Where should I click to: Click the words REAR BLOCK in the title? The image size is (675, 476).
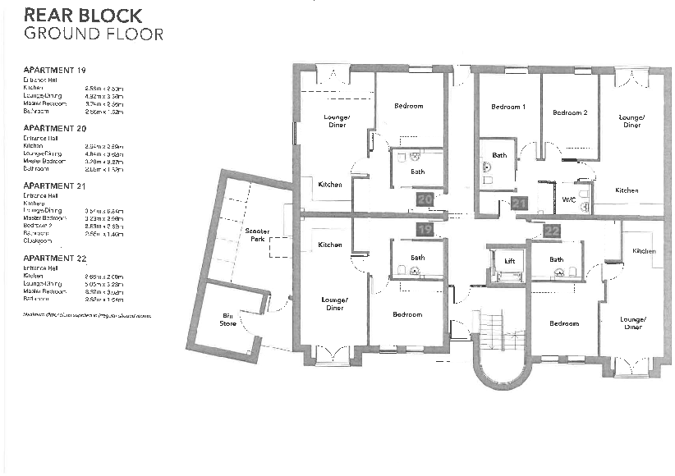tap(83, 16)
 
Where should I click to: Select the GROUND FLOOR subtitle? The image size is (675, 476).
tap(93, 34)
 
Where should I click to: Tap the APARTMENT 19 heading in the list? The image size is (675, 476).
tap(54, 71)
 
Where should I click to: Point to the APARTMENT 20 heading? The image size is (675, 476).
tap(54, 129)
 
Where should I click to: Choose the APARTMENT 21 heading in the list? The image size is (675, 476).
tap(54, 186)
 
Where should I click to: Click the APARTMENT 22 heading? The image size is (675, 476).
tap(54, 258)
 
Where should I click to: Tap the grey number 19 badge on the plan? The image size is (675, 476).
tap(424, 231)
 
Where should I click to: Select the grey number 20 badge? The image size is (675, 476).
tap(425, 199)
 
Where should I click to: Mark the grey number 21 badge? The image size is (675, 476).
tap(519, 204)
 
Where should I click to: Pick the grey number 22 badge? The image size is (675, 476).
tap(552, 231)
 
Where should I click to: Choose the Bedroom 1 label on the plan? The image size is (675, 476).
tap(507, 108)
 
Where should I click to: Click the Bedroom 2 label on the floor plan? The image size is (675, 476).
tap(569, 112)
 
